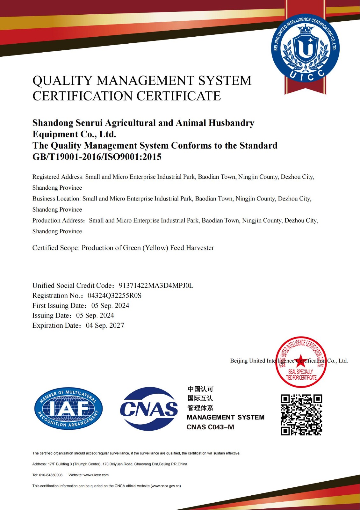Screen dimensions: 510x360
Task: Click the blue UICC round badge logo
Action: (x=305, y=48)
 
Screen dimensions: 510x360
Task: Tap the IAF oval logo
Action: (x=68, y=409)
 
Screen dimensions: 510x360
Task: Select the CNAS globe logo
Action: (x=149, y=409)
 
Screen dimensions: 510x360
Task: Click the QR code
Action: (x=301, y=415)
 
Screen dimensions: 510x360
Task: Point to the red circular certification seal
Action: (x=301, y=362)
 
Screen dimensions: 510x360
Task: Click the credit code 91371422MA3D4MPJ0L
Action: (x=156, y=285)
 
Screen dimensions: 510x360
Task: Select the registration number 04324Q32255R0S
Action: (x=114, y=295)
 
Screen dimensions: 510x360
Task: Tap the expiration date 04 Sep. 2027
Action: (x=105, y=325)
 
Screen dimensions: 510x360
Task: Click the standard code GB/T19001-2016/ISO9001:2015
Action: (x=97, y=157)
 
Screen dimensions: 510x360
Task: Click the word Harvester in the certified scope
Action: (x=200, y=248)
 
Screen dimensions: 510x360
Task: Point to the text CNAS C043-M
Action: (x=210, y=427)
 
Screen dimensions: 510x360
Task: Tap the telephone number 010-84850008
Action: (x=51, y=475)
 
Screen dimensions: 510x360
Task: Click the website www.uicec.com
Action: (x=96, y=475)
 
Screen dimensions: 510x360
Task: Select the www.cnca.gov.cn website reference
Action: (x=166, y=486)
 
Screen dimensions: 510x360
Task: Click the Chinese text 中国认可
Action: (x=200, y=389)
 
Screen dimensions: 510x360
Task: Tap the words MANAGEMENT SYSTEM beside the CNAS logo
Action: (x=225, y=417)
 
